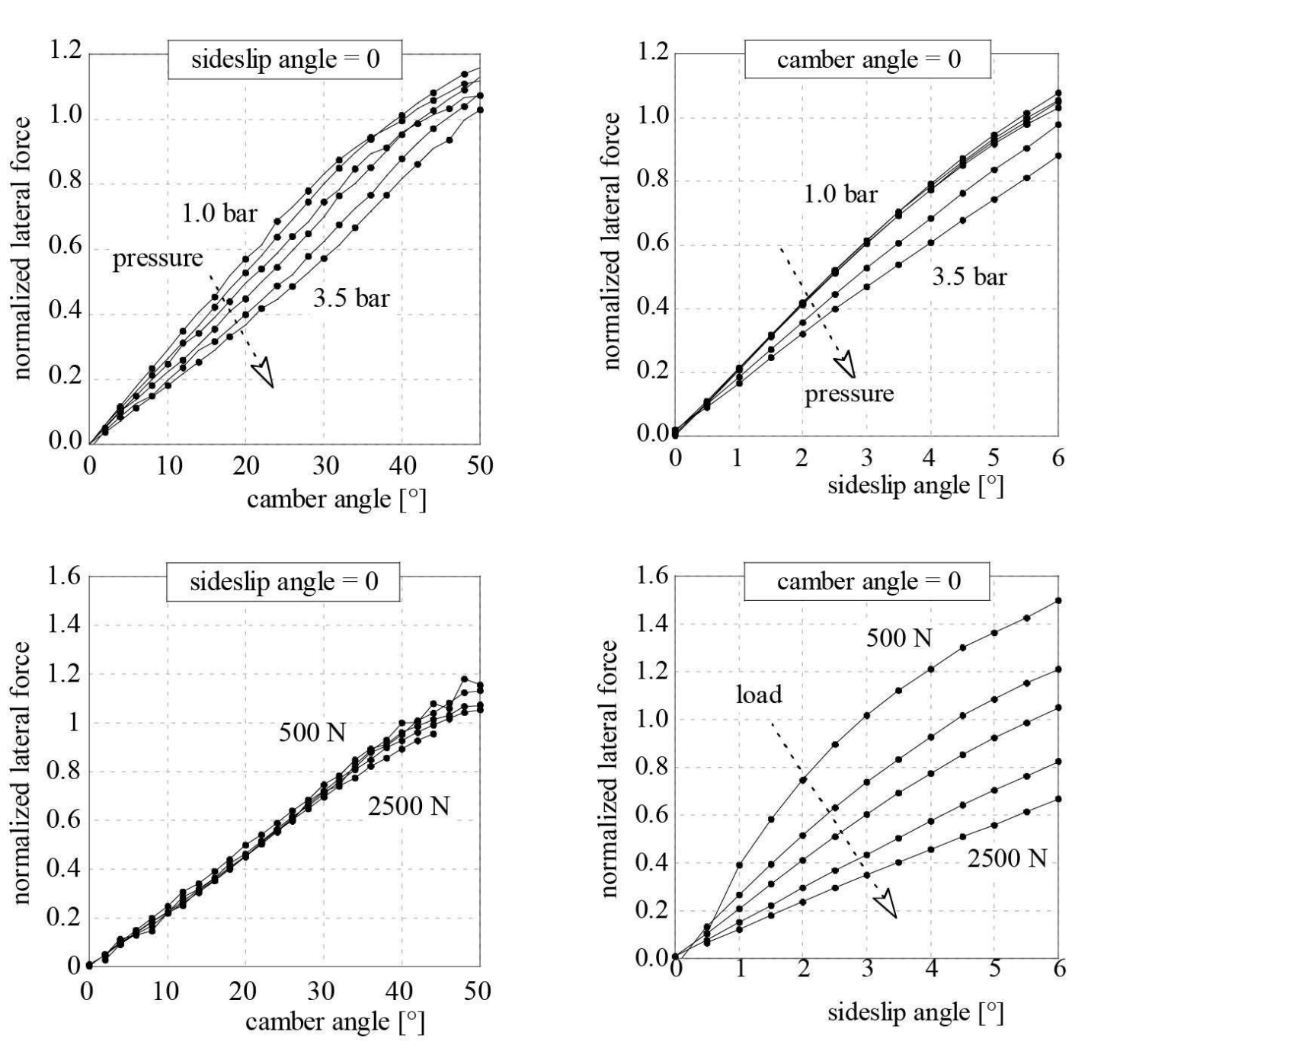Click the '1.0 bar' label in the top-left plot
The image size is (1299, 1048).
[219, 213]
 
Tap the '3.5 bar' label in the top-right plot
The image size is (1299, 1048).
[969, 276]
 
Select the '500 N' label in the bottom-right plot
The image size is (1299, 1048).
[898, 638]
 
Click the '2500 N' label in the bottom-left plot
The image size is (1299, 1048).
[408, 805]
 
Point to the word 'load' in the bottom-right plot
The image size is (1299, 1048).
[759, 695]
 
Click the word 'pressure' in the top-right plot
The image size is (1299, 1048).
[849, 394]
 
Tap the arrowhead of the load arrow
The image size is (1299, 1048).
[886, 905]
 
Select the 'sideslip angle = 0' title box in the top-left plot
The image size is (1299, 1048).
[285, 59]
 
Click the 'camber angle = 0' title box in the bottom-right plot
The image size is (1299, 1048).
[868, 582]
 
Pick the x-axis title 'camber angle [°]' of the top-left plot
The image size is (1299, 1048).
[336, 500]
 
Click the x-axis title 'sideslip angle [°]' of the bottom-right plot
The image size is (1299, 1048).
[915, 1012]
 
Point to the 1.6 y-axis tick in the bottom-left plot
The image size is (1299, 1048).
[64, 576]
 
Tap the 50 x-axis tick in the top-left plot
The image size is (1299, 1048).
[479, 465]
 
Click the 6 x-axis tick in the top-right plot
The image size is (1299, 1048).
[1058, 458]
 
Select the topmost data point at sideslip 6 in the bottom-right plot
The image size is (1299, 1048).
[1058, 601]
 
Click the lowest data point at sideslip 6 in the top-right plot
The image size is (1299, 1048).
[1058, 156]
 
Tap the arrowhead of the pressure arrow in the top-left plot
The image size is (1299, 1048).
[264, 373]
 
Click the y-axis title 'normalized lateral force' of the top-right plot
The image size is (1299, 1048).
[611, 241]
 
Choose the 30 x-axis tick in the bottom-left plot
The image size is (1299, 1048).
[322, 991]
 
